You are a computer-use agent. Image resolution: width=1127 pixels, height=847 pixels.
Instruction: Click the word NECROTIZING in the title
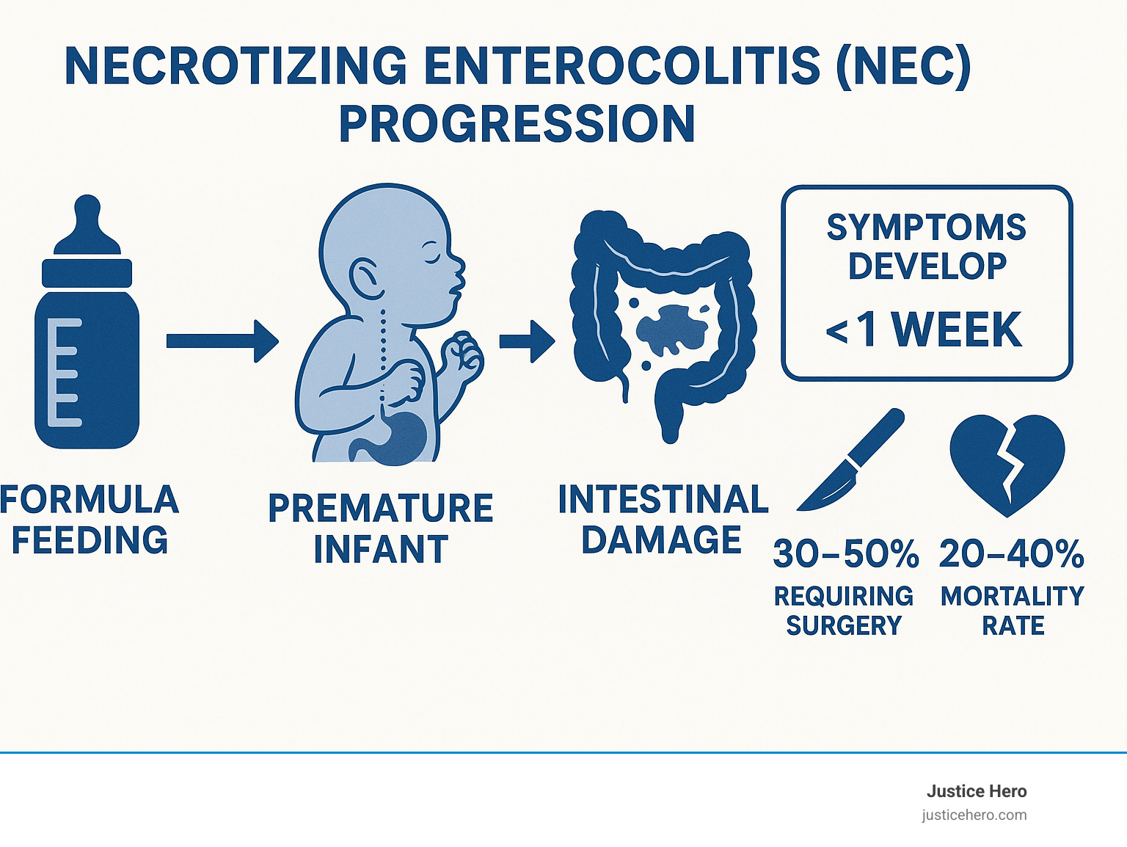[x=236, y=66]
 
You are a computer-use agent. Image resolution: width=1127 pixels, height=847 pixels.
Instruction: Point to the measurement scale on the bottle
[x=64, y=372]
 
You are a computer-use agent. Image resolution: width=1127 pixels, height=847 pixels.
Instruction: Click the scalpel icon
[x=851, y=462]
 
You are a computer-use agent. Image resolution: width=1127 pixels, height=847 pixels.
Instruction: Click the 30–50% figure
[x=845, y=553]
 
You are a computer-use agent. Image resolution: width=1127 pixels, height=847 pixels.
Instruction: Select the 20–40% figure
[x=1011, y=553]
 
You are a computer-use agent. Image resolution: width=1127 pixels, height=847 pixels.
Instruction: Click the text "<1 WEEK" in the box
[x=924, y=330]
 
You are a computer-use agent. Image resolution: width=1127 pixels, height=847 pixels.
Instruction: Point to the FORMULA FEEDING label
[x=90, y=520]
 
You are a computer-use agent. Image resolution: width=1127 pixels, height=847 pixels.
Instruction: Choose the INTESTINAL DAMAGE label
[x=663, y=520]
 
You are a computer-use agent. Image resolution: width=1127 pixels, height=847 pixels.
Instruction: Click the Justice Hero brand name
[x=976, y=791]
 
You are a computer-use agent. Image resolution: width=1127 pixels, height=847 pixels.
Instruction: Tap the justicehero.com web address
[x=974, y=815]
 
